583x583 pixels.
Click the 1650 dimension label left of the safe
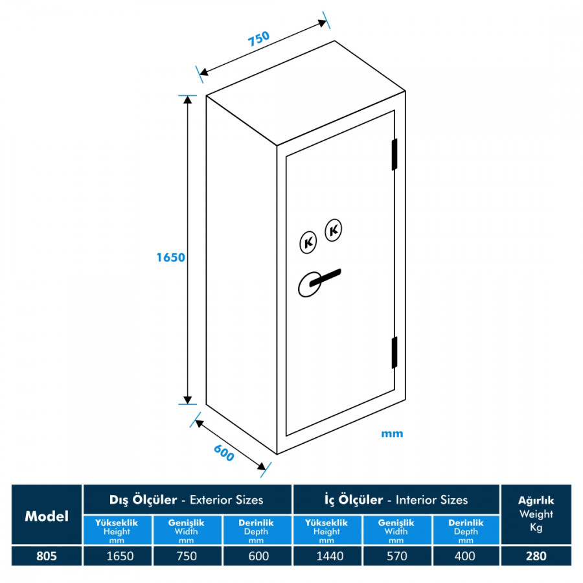[170, 257]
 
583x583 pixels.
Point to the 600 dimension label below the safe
[223, 454]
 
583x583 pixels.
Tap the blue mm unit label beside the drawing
[392, 433]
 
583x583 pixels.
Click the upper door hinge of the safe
[394, 155]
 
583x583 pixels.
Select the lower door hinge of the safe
[394, 352]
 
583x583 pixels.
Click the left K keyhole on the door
[309, 242]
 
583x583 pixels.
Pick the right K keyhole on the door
[334, 229]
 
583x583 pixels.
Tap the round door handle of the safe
[310, 284]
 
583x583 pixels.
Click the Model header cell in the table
[47, 516]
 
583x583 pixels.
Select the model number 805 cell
[47, 556]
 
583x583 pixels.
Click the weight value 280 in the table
[536, 556]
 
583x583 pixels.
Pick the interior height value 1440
[326, 556]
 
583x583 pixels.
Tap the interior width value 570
[396, 556]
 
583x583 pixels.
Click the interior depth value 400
[465, 556]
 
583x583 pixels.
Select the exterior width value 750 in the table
[187, 556]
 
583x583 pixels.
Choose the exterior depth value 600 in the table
[256, 556]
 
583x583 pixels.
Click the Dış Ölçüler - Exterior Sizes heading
[187, 499]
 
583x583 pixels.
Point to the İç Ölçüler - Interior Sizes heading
[396, 499]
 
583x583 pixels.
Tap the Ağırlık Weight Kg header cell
[536, 514]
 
